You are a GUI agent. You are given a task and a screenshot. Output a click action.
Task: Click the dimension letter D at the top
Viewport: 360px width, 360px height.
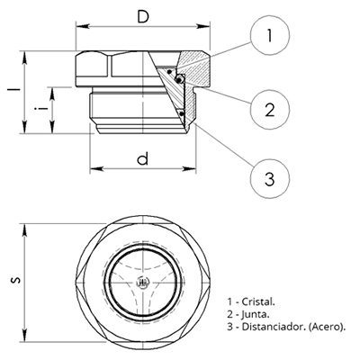(x=143, y=17)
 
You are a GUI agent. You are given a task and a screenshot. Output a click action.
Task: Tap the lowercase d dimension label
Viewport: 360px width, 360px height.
(x=143, y=158)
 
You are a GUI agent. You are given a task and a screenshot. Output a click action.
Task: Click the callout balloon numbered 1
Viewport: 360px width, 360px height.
(x=270, y=35)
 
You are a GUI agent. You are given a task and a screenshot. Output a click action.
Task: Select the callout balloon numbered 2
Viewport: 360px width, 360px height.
(x=270, y=110)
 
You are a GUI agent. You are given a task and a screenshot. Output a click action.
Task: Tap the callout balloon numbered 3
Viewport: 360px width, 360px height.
(x=270, y=179)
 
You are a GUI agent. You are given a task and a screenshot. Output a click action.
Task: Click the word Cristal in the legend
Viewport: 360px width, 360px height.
(x=258, y=301)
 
